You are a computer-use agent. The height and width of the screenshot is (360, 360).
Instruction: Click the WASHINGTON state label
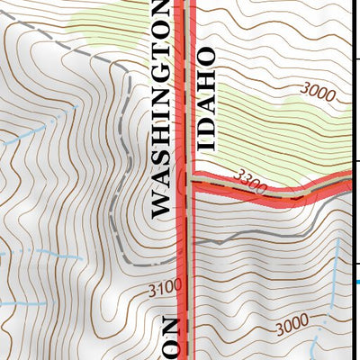click(160, 108)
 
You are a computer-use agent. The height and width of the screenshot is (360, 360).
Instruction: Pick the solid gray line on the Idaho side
click(270, 229)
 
